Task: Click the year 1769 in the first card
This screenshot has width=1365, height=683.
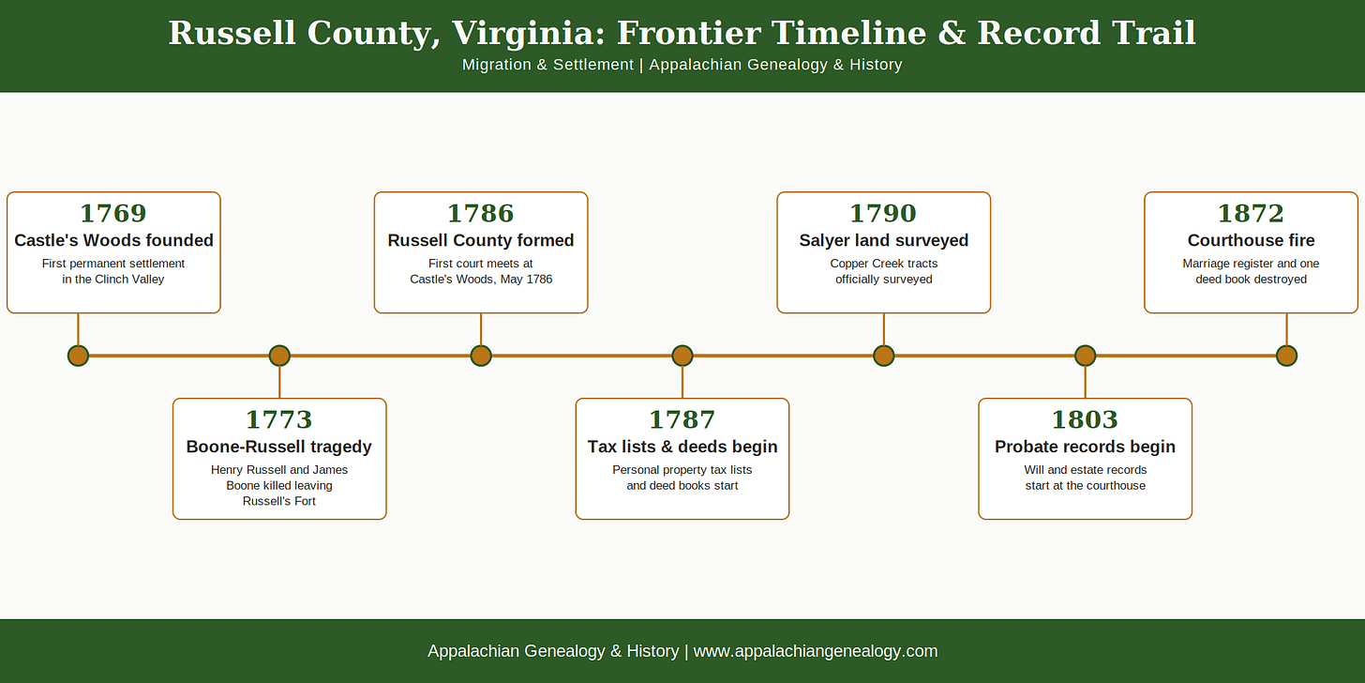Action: coord(113,214)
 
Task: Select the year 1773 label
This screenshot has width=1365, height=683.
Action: coord(279,419)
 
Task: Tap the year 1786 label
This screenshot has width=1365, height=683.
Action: coord(481,214)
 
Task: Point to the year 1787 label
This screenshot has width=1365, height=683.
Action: coord(682,419)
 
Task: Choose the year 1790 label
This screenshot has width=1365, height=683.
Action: coord(883,214)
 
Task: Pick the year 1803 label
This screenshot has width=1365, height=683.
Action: coord(1086,419)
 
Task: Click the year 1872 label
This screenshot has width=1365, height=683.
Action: coord(1251,214)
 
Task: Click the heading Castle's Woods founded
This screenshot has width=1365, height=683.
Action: coord(114,240)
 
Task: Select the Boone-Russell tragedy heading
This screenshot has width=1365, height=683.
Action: coord(279,447)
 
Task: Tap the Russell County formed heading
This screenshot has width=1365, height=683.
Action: coord(481,240)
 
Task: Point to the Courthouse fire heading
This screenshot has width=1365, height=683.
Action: coord(1251,240)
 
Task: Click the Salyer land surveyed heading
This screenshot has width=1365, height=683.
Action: coord(883,240)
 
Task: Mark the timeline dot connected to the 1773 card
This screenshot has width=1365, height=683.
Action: coord(279,356)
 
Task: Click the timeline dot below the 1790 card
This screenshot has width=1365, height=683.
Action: coord(883,356)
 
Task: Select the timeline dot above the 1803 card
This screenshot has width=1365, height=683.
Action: coord(1086,356)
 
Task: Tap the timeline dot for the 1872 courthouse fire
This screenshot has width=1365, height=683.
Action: coord(1286,356)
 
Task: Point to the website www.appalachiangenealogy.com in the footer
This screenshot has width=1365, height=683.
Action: coord(816,651)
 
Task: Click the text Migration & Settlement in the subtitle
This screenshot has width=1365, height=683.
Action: coord(547,65)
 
